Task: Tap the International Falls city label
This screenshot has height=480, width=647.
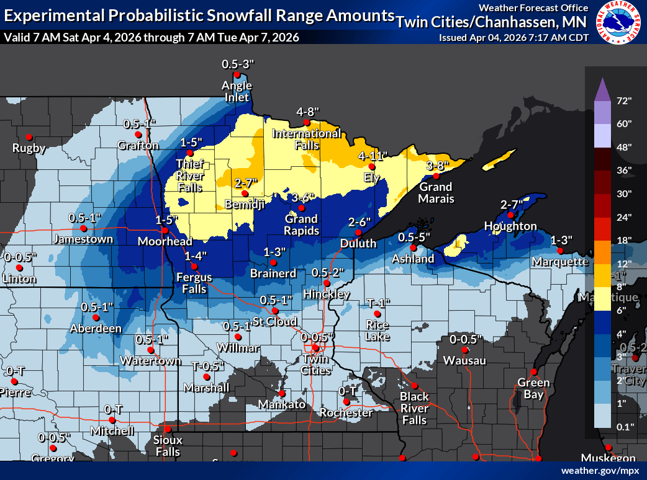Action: [x=307, y=139]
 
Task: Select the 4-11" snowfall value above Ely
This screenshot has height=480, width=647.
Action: [x=373, y=156]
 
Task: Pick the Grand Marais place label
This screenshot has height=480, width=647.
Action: [x=436, y=192]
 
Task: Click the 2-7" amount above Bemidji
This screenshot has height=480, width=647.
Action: [x=245, y=183]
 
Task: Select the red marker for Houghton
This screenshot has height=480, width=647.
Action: [x=510, y=215]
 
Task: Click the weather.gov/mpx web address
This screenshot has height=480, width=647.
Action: [x=600, y=471]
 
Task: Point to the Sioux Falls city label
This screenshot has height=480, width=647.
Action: [x=168, y=446]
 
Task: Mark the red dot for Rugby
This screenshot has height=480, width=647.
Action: [x=29, y=137]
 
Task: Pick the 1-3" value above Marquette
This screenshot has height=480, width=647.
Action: [x=561, y=239]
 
